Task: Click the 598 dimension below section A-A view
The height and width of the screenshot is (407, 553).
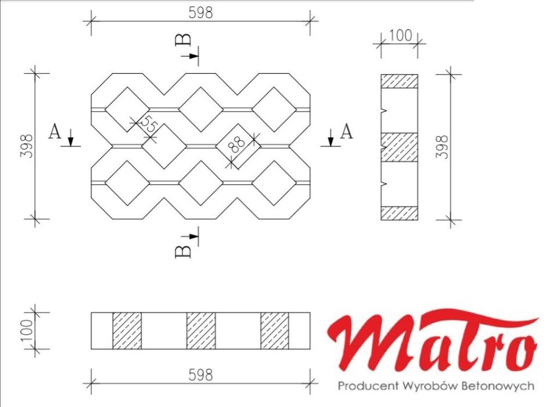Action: pos(200,375)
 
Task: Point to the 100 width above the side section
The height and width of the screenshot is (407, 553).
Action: pos(400,35)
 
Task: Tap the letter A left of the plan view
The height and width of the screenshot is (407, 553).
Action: pos(55,133)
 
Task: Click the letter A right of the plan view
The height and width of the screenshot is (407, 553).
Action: pos(346,132)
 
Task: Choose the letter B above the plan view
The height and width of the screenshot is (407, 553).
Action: pos(182,40)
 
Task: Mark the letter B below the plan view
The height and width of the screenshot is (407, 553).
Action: pos(182,251)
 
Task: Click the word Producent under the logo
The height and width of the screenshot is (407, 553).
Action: pos(364,386)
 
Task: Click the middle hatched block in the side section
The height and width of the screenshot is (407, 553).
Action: pos(399,147)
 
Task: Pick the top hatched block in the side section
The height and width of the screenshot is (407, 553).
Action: pos(399,81)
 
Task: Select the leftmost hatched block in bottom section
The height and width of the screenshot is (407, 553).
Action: pos(127,330)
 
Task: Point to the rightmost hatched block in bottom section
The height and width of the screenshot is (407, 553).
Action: pos(275,330)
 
